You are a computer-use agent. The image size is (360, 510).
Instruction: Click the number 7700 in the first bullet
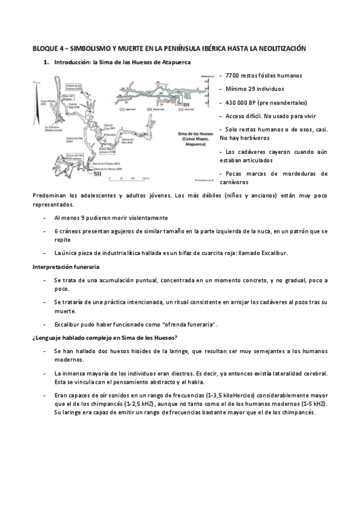point(233,75)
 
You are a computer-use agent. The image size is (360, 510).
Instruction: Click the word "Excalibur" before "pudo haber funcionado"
point(68,324)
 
